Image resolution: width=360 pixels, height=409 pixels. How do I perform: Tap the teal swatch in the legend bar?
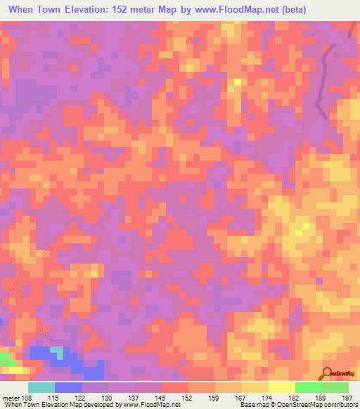(41, 387)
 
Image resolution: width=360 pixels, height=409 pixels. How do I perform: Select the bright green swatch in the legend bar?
(309, 387)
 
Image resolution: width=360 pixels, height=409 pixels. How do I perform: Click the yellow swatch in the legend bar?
(282, 387)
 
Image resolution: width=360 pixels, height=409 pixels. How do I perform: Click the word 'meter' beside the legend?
(11, 397)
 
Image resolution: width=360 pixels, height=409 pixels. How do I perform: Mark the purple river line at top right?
(323, 77)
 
